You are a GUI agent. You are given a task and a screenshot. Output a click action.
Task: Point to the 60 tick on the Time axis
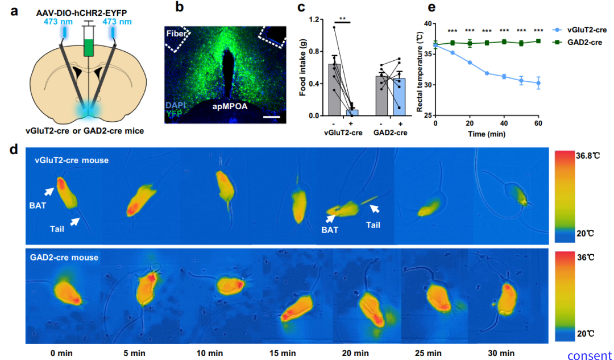pos(538,123)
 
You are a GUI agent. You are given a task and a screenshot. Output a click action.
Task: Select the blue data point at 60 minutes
pos(538,83)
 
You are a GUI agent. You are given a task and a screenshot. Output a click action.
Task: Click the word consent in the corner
pos(590,355)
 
